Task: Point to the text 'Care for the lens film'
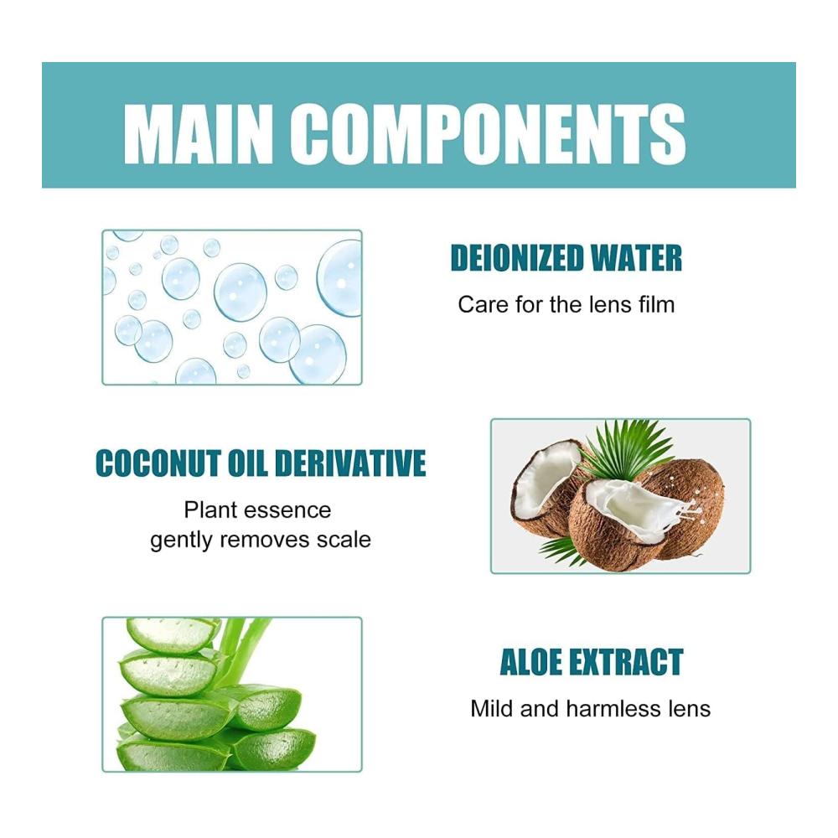(x=566, y=305)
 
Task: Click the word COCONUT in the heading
(x=158, y=463)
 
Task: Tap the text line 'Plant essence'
(x=257, y=510)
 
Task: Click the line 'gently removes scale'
(x=261, y=540)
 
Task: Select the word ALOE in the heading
(x=531, y=662)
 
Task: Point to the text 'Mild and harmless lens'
(x=591, y=709)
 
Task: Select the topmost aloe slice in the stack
(x=172, y=635)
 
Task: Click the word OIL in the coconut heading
(x=248, y=463)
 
